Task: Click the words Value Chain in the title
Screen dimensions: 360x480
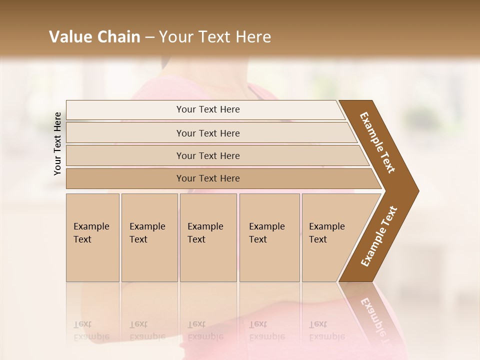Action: tap(94, 37)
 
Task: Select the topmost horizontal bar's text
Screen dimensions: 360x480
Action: tap(208, 109)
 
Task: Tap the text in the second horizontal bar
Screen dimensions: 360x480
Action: tap(208, 133)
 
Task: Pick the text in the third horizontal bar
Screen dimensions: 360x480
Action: tap(208, 155)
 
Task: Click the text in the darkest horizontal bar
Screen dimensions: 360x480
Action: tap(208, 178)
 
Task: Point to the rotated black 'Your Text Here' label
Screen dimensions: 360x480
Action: tap(57, 143)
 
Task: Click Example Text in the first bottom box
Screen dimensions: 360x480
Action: tap(91, 232)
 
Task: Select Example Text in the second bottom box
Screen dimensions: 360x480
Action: tap(147, 232)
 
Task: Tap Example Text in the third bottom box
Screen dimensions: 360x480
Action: tap(205, 232)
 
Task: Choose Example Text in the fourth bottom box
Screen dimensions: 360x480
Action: tap(266, 232)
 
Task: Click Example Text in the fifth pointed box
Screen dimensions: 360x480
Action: tap(326, 232)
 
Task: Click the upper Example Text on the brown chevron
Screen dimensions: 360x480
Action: tap(377, 142)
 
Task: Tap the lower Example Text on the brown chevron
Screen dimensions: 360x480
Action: tap(378, 236)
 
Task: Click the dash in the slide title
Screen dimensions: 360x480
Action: tap(149, 37)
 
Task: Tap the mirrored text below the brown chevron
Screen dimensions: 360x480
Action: tap(373, 315)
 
